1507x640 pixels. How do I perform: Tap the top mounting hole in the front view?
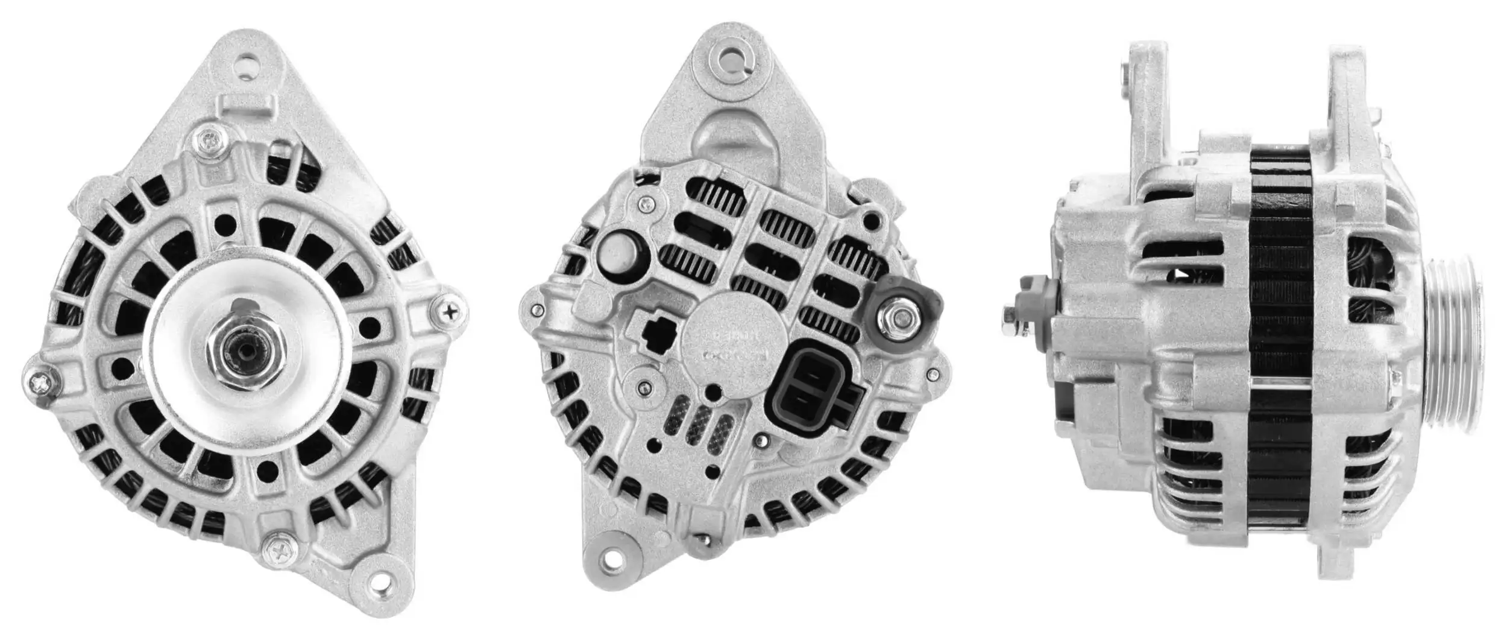pyautogui.click(x=248, y=66)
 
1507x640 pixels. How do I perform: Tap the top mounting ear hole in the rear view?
pyautogui.click(x=731, y=60)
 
